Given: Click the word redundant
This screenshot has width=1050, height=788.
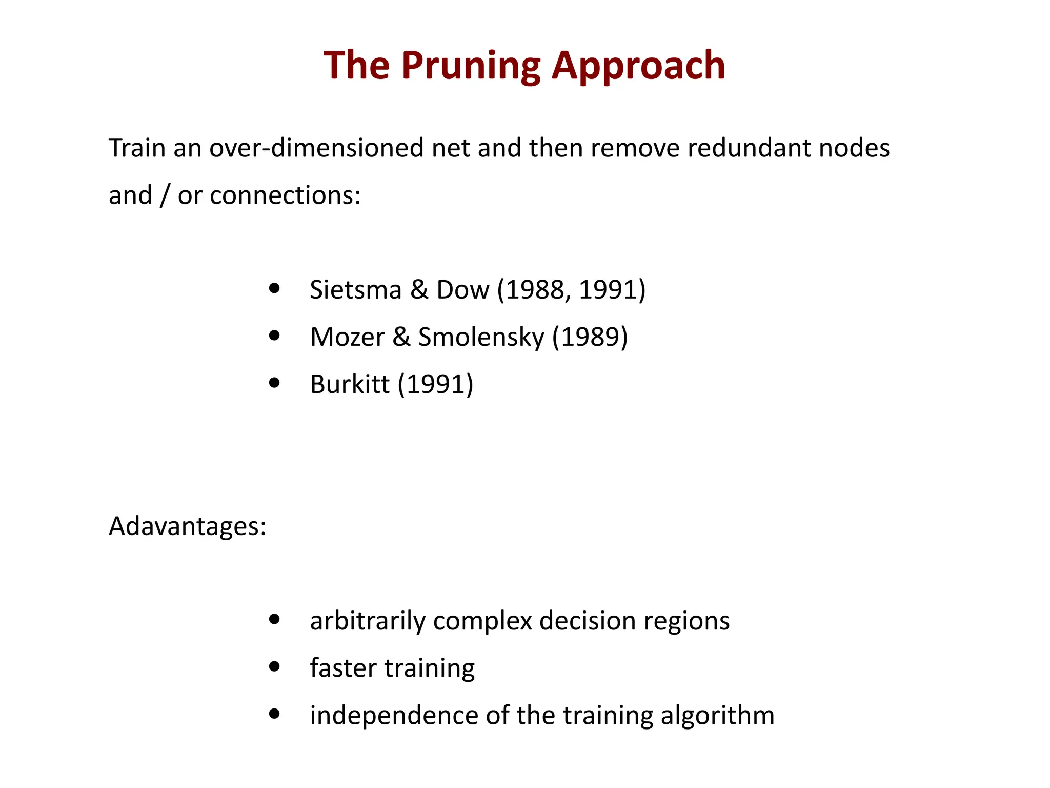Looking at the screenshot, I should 748,148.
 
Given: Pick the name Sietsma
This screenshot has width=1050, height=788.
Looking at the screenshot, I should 356,290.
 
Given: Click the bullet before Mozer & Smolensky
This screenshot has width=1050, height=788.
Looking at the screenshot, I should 275,336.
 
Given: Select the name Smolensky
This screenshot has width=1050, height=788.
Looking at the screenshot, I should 481,338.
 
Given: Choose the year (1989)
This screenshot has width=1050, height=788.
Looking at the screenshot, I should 590,338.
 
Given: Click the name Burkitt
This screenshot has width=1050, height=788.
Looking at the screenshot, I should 350,384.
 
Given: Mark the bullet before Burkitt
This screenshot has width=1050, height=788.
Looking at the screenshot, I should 275,383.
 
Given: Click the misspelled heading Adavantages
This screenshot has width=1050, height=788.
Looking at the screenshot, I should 187,526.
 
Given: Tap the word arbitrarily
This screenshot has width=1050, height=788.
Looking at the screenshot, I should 368,621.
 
